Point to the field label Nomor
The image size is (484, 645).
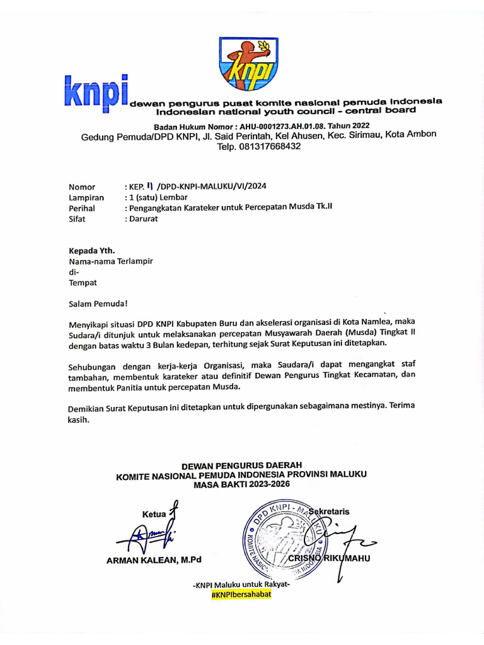[x=82, y=186]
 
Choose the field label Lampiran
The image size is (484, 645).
[x=86, y=197]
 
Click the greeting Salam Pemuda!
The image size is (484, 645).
[x=98, y=304]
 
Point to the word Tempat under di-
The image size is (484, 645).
[x=83, y=283]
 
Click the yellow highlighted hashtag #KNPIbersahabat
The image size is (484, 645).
[x=241, y=594]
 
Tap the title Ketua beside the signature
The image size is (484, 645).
[x=154, y=515]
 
